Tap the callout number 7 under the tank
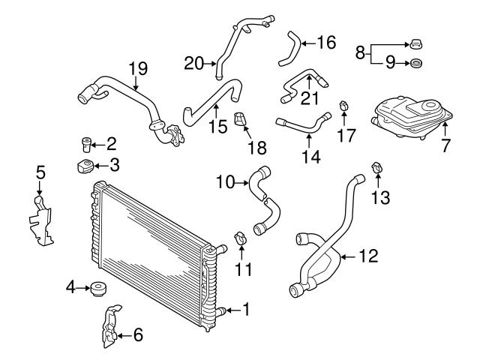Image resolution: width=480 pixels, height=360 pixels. click(445, 145)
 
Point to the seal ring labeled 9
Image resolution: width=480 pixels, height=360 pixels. click(417, 63)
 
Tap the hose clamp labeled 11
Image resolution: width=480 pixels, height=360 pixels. click(241, 238)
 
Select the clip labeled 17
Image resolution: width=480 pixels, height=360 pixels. click(343, 104)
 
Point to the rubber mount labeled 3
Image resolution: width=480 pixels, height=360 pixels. click(84, 166)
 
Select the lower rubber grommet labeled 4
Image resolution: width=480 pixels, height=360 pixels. click(95, 286)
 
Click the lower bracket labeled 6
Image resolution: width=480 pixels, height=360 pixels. click(109, 328)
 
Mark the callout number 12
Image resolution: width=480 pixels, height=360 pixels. click(368, 256)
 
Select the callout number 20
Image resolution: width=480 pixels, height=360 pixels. click(193, 63)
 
